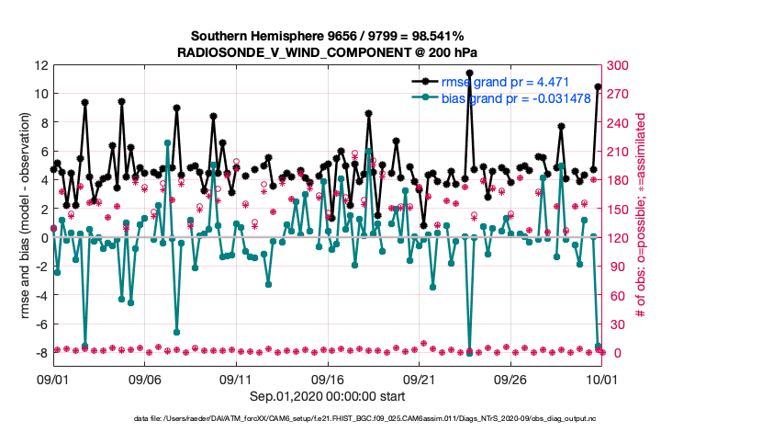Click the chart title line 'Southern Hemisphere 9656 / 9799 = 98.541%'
pyautogui.click(x=327, y=35)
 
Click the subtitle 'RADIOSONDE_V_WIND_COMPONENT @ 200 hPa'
pyautogui.click(x=327, y=52)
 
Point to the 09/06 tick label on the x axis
pyautogui.click(x=145, y=379)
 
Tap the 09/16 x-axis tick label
pyautogui.click(x=328, y=379)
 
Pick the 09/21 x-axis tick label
pyautogui.click(x=419, y=379)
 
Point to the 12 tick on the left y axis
pyautogui.click(x=40, y=65)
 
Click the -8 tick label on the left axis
pyautogui.click(x=40, y=354)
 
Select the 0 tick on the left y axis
pyautogui.click(x=44, y=238)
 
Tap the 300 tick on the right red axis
pyautogui.click(x=618, y=65)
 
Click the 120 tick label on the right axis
pyautogui.click(x=618, y=238)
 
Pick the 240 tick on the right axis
pyautogui.click(x=618, y=123)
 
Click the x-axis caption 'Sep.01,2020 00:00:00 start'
pyautogui.click(x=327, y=398)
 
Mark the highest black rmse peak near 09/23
pyautogui.click(x=469, y=73)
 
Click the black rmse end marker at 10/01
pyautogui.click(x=599, y=87)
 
